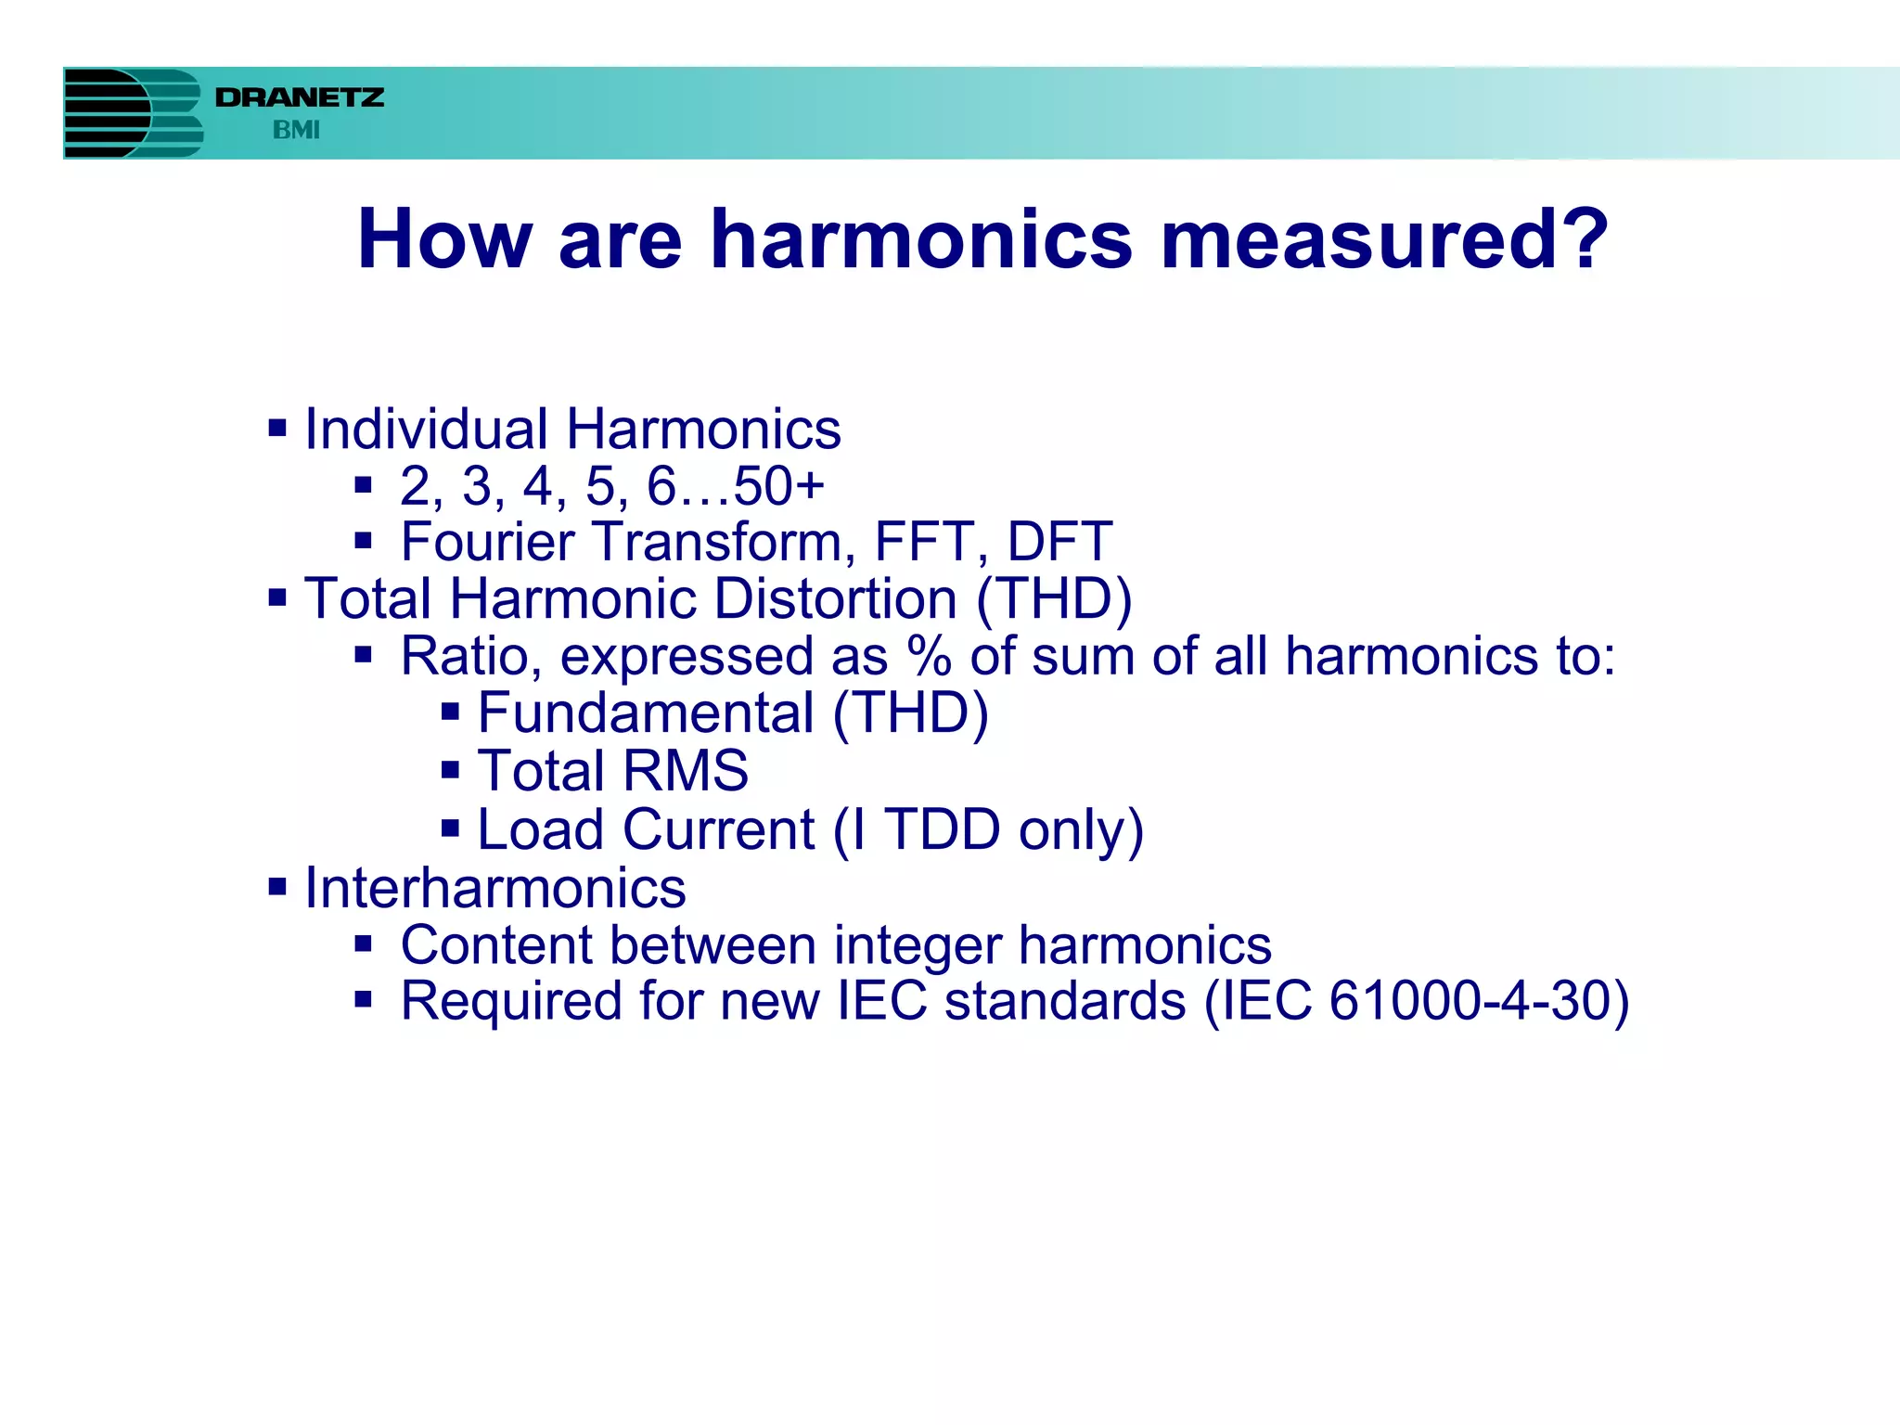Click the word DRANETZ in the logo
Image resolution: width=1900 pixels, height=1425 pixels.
(x=299, y=97)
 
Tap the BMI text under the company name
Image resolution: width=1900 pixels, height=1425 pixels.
(x=296, y=131)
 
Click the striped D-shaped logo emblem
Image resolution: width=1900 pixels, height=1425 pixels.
(x=132, y=113)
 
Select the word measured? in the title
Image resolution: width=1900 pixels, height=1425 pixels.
(x=1384, y=240)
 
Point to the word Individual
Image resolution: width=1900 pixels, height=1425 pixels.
(x=426, y=430)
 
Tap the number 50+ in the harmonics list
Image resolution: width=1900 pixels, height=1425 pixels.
(x=778, y=486)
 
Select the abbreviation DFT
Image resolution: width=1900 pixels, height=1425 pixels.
(x=1059, y=542)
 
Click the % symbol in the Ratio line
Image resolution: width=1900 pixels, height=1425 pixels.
(x=930, y=657)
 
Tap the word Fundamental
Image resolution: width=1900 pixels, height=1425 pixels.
(x=646, y=713)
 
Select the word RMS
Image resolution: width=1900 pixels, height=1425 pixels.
(x=685, y=771)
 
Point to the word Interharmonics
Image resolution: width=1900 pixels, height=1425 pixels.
(x=495, y=888)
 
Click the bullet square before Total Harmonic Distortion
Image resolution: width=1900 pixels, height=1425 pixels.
(x=277, y=597)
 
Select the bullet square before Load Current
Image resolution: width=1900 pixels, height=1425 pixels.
(x=451, y=828)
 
